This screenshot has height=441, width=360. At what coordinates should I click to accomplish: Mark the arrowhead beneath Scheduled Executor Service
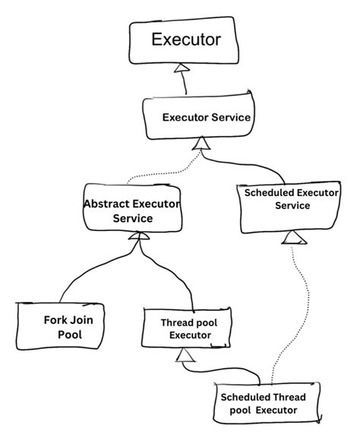[x=292, y=240]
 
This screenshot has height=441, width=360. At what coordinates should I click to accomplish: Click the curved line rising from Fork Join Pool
[x=84, y=274]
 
